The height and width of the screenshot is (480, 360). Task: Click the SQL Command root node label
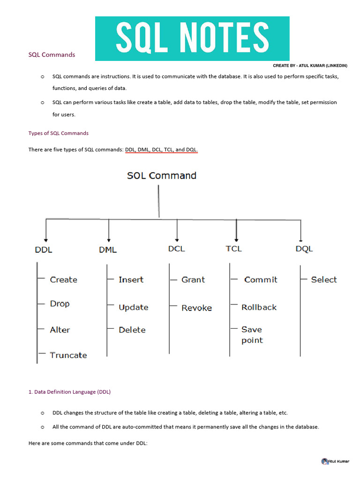point(162,176)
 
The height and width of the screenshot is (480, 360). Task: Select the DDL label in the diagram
point(44,250)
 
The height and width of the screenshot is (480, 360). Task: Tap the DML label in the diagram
point(108,250)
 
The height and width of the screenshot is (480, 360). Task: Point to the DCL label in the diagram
point(176,249)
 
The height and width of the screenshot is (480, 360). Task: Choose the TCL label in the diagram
point(233,248)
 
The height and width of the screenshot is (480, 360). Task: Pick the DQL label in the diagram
point(304,249)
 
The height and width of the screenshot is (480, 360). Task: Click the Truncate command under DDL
point(68,355)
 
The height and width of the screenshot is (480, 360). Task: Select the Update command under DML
point(133,307)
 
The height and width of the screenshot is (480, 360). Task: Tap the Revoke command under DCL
point(196,308)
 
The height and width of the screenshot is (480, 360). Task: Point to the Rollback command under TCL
point(259,307)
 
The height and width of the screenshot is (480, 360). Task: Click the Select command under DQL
point(324,279)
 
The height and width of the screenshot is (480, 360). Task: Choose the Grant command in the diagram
point(193,279)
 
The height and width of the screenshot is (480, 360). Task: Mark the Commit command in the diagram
point(261,279)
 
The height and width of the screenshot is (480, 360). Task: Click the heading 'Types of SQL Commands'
point(59,133)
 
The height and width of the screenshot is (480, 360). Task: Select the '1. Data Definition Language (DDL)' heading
point(69,391)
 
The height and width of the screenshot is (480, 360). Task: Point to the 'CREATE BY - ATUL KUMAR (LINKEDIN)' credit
point(310,66)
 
